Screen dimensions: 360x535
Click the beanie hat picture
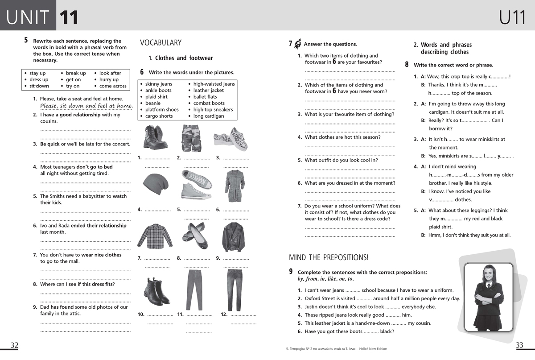click(156, 184)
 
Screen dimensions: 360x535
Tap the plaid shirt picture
click(154, 236)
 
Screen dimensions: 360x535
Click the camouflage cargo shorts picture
click(192, 138)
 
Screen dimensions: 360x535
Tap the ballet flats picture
click(195, 236)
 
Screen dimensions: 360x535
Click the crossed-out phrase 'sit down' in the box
click(39, 86)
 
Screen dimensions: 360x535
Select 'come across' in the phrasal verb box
click(113, 86)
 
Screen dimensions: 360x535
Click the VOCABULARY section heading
click(160, 43)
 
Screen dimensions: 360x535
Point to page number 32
click(15, 345)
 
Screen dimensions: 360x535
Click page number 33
click(519, 345)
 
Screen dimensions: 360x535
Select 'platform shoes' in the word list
click(162, 110)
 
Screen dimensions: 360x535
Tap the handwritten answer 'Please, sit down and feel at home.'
click(86, 106)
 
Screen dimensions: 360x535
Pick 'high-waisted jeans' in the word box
click(214, 84)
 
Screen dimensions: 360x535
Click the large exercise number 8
click(407, 64)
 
